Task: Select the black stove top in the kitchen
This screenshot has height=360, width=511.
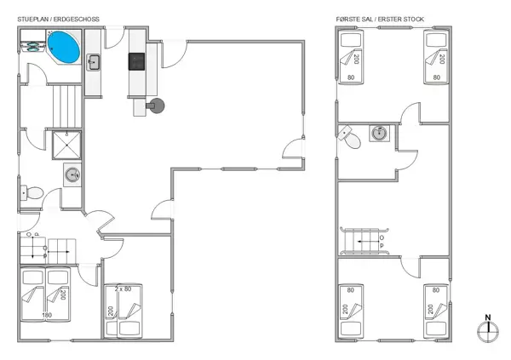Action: pyautogui.click(x=137, y=61)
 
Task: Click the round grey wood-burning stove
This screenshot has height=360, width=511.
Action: pyautogui.click(x=157, y=105)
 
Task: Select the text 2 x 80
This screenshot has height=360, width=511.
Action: pyautogui.click(x=121, y=289)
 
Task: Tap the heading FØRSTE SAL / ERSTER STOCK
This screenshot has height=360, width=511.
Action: pyautogui.click(x=379, y=18)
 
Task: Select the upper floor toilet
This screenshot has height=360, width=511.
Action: pyautogui.click(x=347, y=137)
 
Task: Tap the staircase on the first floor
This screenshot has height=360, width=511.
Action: pyautogui.click(x=365, y=241)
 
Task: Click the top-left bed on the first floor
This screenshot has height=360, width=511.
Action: pyautogui.click(x=351, y=57)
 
